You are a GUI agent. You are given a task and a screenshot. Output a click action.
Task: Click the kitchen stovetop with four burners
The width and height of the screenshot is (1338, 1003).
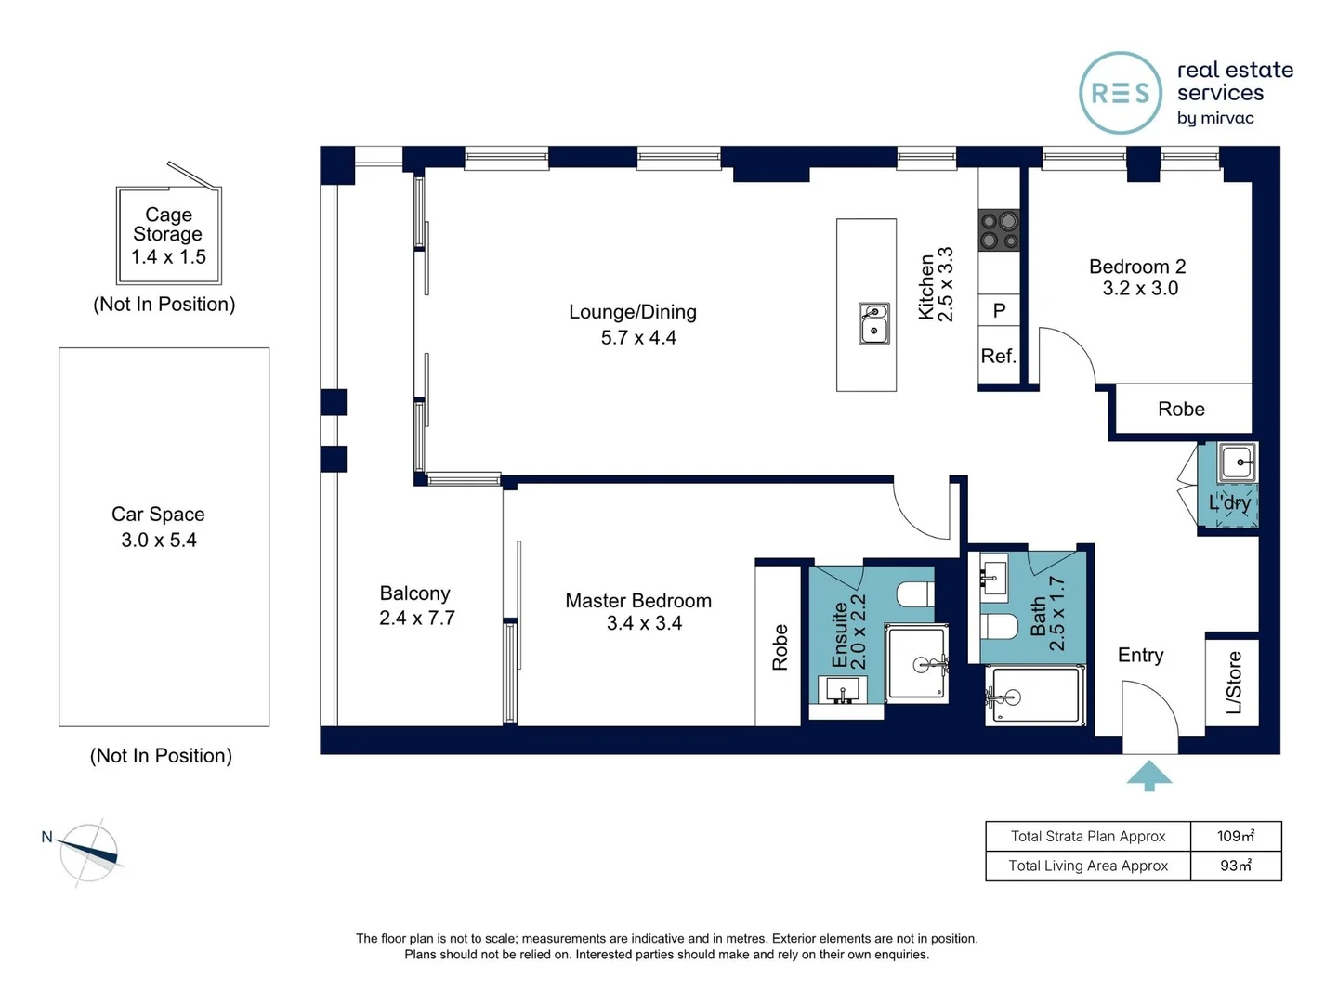click(999, 229)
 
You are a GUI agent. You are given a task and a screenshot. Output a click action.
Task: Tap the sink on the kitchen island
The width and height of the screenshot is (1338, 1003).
click(873, 323)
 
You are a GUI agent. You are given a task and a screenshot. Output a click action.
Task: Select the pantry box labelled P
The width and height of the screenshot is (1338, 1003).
click(999, 310)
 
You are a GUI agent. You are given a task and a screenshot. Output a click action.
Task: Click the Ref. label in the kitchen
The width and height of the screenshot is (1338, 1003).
click(998, 356)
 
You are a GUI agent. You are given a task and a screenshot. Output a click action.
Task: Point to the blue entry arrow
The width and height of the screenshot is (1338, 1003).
click(1148, 775)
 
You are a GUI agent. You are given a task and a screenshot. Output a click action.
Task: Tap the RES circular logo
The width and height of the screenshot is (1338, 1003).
click(1121, 93)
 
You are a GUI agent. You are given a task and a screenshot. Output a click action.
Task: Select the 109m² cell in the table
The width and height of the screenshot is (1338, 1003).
click(1236, 836)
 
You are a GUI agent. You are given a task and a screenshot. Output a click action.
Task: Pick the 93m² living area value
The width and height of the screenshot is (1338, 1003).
click(1236, 866)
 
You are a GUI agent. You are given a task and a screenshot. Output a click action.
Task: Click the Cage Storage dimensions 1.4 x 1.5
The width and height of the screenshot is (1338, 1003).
click(168, 257)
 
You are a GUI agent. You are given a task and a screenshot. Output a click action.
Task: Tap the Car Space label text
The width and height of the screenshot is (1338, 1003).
click(158, 514)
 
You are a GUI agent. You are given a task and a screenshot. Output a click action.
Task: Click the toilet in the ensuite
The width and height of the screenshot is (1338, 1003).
click(915, 593)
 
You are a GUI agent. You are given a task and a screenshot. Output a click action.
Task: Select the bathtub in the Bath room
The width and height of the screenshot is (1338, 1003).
click(1035, 696)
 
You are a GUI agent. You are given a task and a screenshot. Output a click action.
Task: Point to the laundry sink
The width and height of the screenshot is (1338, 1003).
click(1236, 462)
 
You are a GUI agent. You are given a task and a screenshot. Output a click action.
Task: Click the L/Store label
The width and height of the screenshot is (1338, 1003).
click(1233, 682)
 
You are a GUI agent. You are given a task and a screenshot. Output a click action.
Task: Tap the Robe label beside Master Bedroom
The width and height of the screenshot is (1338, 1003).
click(780, 646)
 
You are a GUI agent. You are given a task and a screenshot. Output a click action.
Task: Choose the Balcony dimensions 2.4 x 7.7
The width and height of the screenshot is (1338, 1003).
click(417, 619)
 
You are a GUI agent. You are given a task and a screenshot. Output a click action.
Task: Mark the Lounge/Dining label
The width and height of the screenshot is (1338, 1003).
click(633, 312)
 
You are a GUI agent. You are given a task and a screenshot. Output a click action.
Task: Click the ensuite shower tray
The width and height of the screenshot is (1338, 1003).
click(916, 663)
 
